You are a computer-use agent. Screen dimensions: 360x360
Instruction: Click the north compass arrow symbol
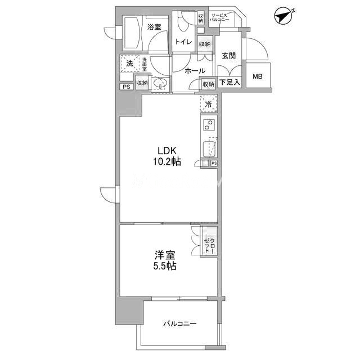coord(283,16)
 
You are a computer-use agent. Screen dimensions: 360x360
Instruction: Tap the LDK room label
coord(167,151)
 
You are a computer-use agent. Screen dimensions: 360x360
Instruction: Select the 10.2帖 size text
coord(167,161)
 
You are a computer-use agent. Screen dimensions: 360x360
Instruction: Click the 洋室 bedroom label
coord(165,255)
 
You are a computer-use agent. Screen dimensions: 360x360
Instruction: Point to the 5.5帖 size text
coord(165,266)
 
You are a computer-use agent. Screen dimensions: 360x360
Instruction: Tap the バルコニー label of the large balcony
coord(180,324)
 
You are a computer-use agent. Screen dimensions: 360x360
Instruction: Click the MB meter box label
coord(258,76)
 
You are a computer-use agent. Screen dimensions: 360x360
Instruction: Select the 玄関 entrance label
coord(229,56)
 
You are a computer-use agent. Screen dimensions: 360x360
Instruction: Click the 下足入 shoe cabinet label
coord(230,82)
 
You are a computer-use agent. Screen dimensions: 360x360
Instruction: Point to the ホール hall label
coord(195,71)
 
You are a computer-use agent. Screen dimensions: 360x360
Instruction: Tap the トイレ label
coord(183,42)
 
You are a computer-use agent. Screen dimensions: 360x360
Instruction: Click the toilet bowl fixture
coord(184,22)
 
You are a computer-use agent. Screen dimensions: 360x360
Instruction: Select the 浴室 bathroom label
coord(154,27)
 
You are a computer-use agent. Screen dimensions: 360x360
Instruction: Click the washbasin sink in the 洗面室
coord(160,83)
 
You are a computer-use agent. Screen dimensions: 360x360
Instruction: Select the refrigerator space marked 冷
coord(209,104)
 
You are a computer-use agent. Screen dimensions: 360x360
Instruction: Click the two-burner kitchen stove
coord(209,125)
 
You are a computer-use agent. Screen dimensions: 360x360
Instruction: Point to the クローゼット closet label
coord(210,246)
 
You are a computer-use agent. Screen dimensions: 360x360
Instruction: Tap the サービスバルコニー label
coord(219,17)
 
